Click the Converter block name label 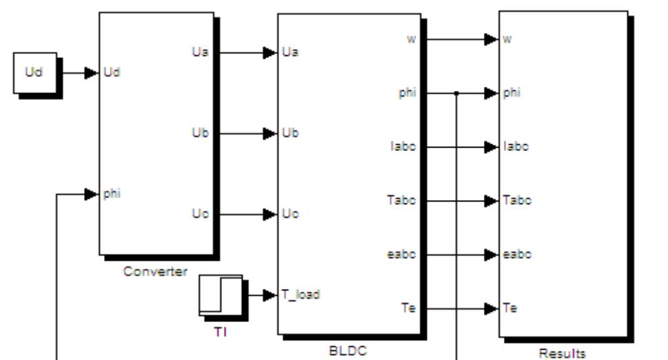point(155,271)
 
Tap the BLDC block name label point(349,350)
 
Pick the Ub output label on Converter point(199,133)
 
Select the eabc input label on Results point(514,254)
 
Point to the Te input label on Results point(509,308)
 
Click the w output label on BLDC point(411,39)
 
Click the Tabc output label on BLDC point(401,201)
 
